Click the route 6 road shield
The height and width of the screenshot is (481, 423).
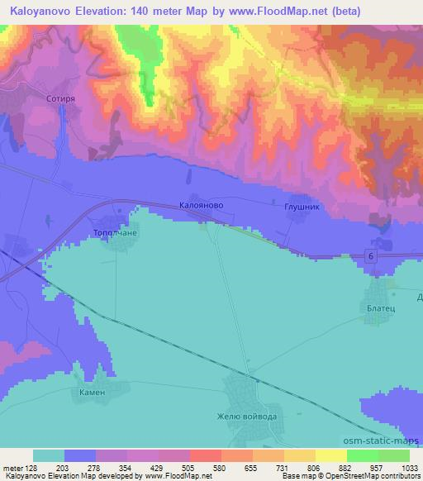tap(373, 259)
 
